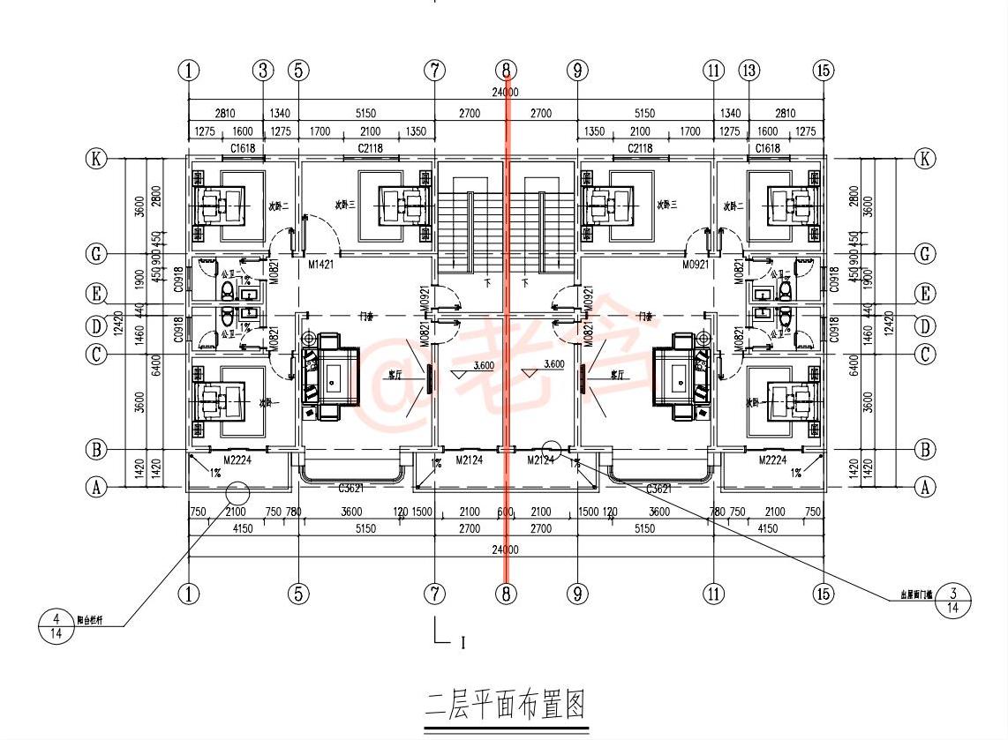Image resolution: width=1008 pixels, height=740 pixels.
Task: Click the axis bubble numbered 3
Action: click(263, 70)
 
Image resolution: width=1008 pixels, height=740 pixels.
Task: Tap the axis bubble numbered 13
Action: click(749, 70)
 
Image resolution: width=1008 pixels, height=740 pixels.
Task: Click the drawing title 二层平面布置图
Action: click(506, 706)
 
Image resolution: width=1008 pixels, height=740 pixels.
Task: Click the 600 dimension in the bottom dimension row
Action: click(505, 512)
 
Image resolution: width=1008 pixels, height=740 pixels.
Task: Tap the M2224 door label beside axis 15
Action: click(775, 460)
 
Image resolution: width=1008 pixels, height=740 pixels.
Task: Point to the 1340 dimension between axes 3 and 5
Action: click(281, 113)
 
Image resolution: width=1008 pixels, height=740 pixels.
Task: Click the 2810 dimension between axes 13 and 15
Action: click(786, 113)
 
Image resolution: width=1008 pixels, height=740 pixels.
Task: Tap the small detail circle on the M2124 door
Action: click(552, 448)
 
